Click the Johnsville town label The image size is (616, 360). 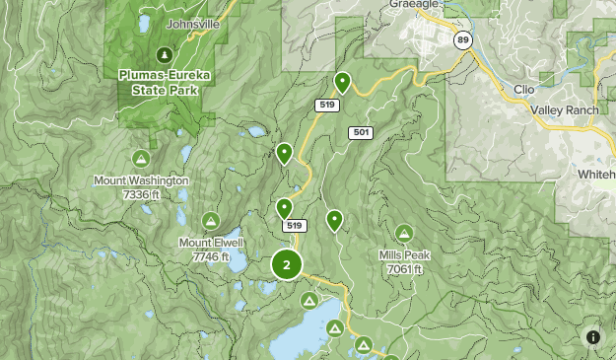194,23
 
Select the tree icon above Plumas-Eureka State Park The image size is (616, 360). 165,53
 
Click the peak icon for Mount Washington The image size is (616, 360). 141,159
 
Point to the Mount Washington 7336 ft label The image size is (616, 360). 141,188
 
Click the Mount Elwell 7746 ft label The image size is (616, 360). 210,250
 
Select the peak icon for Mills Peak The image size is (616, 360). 404,234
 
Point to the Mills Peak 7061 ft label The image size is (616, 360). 404,261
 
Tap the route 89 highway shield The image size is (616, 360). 462,39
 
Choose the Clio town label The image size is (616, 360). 523,89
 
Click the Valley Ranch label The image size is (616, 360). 564,110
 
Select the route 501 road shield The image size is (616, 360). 360,132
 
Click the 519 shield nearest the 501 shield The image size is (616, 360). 327,104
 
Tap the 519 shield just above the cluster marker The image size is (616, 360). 294,226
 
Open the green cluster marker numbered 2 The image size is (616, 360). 287,264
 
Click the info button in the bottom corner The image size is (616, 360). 593,337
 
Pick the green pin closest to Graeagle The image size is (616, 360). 342,82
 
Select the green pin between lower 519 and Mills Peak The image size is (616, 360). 334,219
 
